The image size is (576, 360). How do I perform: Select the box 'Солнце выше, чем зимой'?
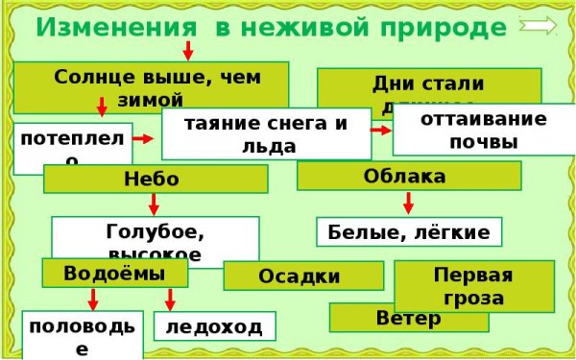(151, 84)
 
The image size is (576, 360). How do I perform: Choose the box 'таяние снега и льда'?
(265, 133)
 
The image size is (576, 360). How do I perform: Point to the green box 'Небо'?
(151, 179)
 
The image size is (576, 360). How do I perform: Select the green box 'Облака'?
(408, 176)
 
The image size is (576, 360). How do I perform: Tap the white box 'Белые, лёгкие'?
(408, 231)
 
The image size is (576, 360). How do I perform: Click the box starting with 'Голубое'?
(155, 239)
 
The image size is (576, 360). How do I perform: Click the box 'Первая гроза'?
(473, 286)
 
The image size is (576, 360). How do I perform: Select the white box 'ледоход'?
(214, 326)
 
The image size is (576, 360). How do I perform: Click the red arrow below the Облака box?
(408, 203)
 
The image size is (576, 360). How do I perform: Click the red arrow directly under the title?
(188, 50)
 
